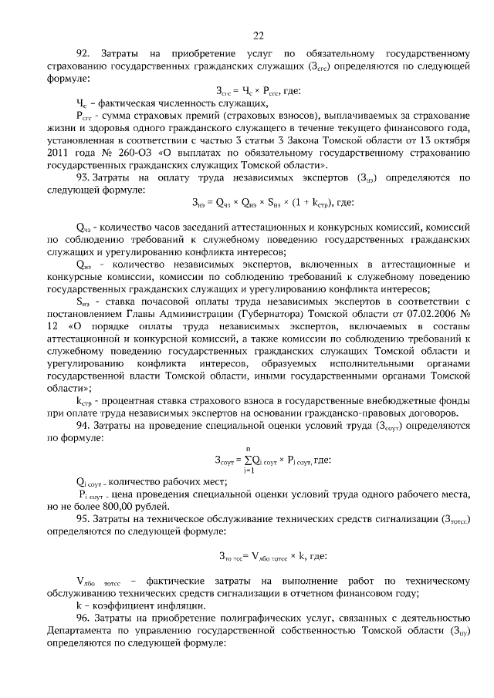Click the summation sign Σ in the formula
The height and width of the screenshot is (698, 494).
pos(246,460)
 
